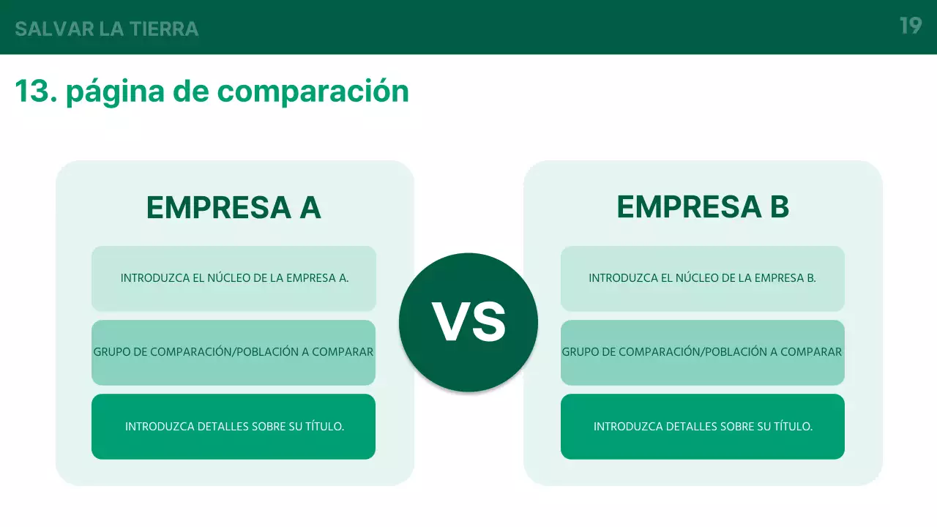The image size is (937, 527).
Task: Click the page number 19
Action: (910, 26)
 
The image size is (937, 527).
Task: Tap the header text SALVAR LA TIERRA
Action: (107, 29)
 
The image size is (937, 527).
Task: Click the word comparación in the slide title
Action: (313, 91)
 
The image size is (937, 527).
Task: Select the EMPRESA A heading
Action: (234, 208)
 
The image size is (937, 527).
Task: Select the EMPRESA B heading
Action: (703, 207)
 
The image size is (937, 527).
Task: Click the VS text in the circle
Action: (468, 323)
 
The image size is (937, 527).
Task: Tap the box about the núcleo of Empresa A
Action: (234, 279)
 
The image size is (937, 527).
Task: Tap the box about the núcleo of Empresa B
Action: (702, 279)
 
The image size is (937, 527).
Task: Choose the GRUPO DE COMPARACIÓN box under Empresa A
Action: (234, 352)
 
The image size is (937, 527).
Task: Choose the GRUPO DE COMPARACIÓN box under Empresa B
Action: (702, 352)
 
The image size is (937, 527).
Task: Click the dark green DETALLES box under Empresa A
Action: (234, 427)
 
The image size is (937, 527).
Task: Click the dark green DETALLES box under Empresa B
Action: (702, 427)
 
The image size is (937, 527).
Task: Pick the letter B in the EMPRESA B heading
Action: (779, 207)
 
